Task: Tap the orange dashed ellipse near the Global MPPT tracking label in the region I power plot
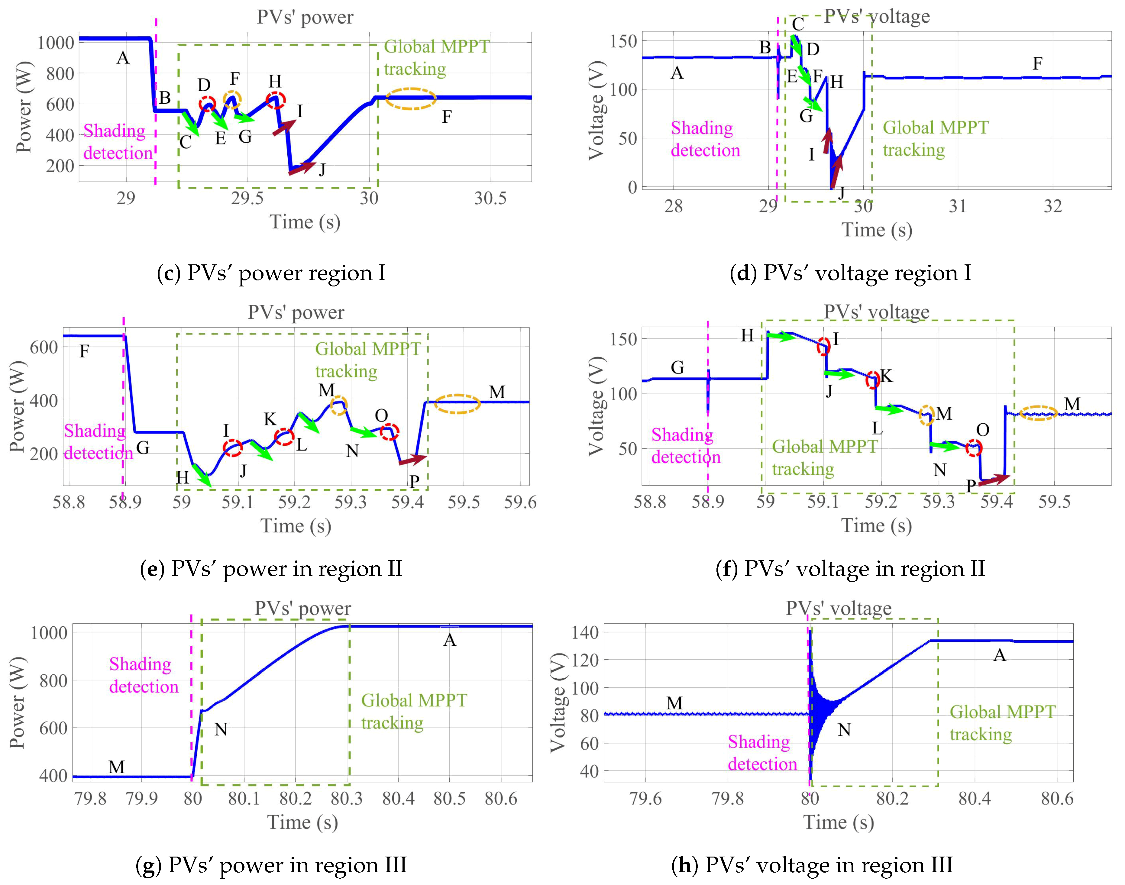(411, 99)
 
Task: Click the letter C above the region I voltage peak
(798, 24)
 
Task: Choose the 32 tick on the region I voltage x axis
(1052, 207)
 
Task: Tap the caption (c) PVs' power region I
(272, 273)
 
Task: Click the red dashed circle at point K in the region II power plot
(284, 437)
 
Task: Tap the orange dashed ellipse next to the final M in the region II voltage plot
(1038, 413)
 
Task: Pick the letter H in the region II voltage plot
(747, 336)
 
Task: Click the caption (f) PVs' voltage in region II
(850, 569)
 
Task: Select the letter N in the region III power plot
(221, 730)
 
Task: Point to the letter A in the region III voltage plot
(1000, 655)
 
